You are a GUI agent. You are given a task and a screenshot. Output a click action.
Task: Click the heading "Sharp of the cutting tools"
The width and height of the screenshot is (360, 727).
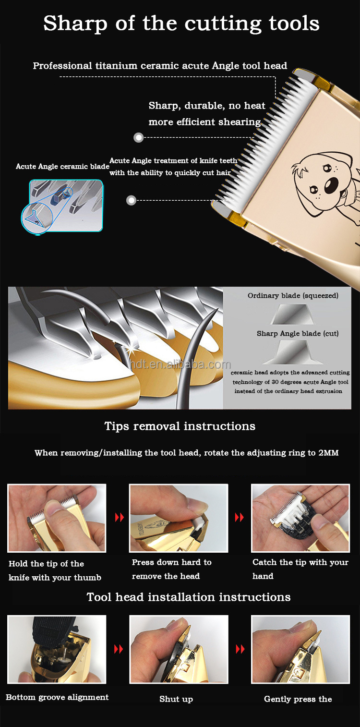click(x=181, y=24)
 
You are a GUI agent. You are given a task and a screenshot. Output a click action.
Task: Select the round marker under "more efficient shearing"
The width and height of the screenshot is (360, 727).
click(x=139, y=138)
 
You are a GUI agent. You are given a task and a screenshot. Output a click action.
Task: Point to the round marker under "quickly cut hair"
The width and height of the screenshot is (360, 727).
click(x=131, y=200)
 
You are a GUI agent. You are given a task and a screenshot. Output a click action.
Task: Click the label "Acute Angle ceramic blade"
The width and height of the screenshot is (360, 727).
click(x=62, y=167)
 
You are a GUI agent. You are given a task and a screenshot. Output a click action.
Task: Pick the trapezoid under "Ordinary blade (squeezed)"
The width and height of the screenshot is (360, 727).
click(x=291, y=314)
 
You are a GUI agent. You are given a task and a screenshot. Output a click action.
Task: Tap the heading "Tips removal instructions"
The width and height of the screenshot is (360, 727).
click(x=180, y=426)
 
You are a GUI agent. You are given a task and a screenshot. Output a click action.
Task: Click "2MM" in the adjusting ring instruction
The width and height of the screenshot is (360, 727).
click(x=328, y=453)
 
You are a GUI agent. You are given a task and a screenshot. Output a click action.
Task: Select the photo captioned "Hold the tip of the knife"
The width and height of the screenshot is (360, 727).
click(x=57, y=518)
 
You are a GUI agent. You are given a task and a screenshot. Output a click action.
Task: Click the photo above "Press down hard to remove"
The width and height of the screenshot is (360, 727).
click(x=179, y=518)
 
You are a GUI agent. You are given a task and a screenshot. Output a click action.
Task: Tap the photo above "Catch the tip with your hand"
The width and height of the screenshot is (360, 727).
click(x=300, y=518)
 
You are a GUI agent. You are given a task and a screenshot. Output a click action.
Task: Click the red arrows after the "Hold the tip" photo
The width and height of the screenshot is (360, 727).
click(x=120, y=517)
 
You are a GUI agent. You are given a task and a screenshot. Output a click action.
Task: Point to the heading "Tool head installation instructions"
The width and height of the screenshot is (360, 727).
click(x=189, y=597)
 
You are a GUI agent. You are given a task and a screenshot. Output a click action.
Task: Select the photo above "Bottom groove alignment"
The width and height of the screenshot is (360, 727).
click(x=57, y=649)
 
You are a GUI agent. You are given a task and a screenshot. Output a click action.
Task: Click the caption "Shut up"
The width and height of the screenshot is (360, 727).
click(x=176, y=699)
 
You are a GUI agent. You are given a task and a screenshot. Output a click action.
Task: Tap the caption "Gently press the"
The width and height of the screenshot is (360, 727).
click(x=298, y=699)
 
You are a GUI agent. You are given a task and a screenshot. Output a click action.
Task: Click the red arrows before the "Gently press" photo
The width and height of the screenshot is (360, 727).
click(x=240, y=649)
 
